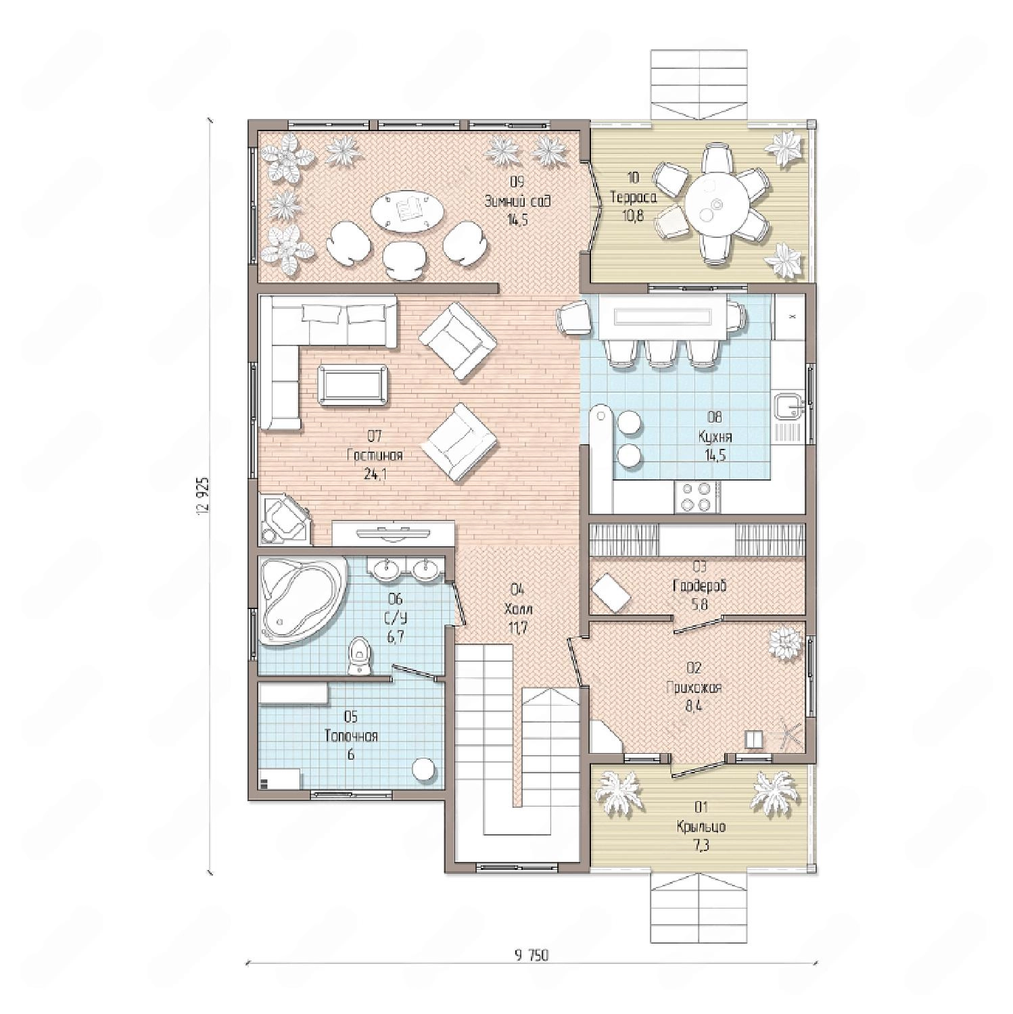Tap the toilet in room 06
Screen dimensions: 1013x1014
pos(359,656)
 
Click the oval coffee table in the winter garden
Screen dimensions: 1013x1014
pos(408,212)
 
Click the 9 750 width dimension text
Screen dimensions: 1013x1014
pos(531,955)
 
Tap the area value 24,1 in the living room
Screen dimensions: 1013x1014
pos(375,474)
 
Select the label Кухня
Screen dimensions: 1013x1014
pos(715,436)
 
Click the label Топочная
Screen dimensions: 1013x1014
pos(351,735)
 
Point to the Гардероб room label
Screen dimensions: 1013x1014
pos(700,585)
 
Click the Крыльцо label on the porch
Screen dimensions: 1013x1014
pos(701,826)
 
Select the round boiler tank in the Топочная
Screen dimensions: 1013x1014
pos(424,769)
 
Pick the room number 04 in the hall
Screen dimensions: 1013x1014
pos(517,588)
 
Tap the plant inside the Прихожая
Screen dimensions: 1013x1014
pos(785,642)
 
